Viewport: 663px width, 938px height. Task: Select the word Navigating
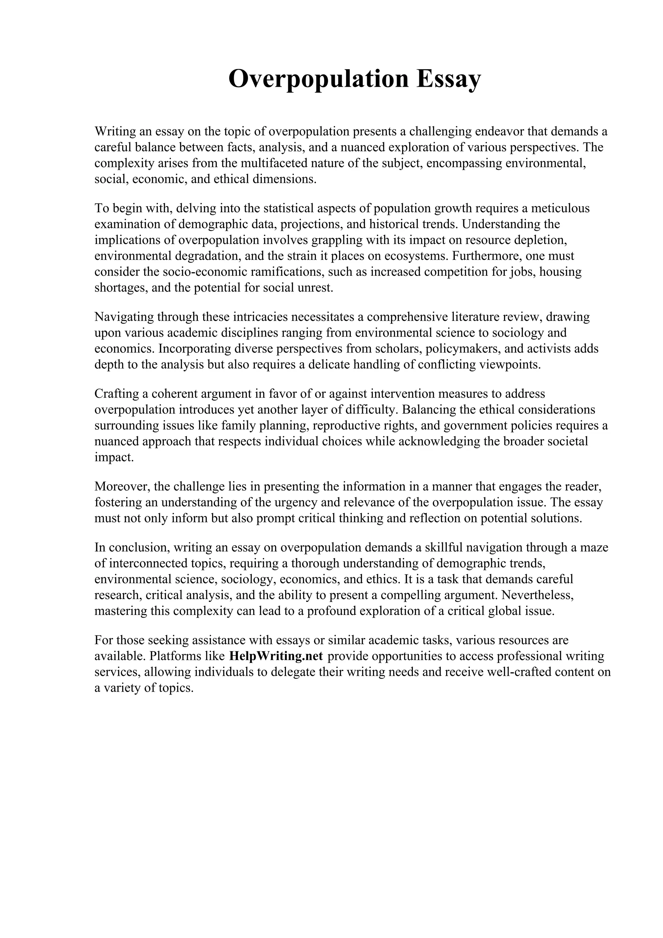tap(124, 317)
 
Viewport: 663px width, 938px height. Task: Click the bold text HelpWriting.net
tap(276, 656)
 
